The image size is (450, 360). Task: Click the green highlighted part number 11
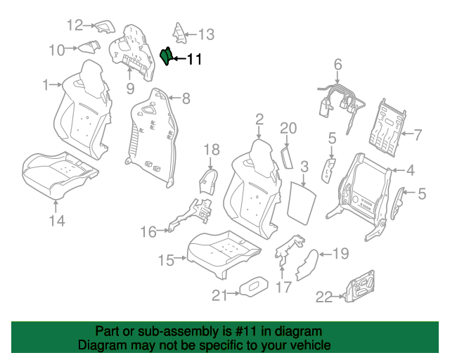point(166,56)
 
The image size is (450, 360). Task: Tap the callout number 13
point(206,34)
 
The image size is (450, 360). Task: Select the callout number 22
point(324,297)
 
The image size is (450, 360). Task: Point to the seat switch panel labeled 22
point(360,286)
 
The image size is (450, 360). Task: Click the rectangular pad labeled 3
point(302,202)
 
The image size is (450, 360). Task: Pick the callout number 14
point(57,221)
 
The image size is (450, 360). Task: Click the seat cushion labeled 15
point(224,252)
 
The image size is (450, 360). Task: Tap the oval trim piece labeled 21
point(255,286)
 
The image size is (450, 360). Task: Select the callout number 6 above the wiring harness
point(337,64)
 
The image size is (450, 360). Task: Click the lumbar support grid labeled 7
point(387,129)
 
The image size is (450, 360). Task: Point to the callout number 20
point(288,128)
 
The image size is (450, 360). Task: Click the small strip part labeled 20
point(287,157)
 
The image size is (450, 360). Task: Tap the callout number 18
point(212,150)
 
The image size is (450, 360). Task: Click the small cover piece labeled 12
point(105,27)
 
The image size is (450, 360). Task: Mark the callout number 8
point(186,98)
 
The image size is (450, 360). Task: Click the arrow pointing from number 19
point(326,254)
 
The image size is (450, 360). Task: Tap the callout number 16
point(148,231)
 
